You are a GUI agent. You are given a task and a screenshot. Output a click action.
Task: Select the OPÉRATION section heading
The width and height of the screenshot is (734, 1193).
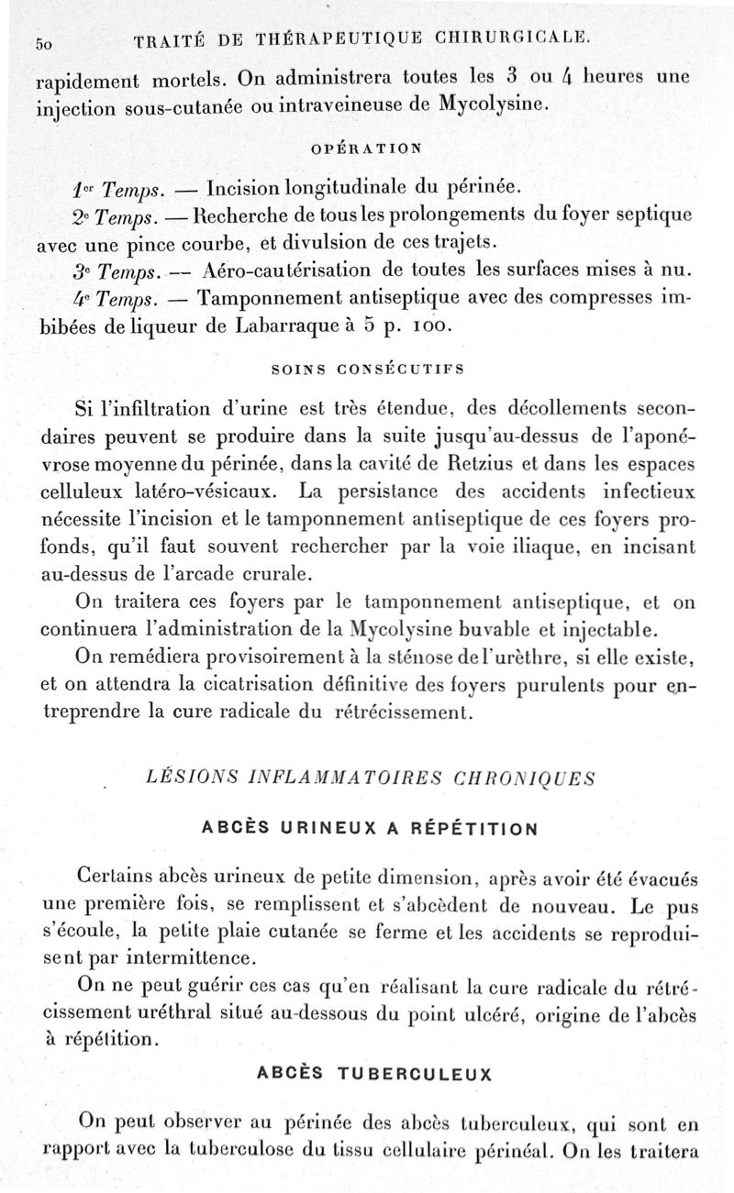tap(368, 146)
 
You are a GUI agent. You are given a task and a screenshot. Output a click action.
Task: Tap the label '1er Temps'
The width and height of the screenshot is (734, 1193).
tap(131, 189)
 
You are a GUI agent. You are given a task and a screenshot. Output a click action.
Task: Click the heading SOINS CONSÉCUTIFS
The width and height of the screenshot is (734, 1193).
tap(368, 370)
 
